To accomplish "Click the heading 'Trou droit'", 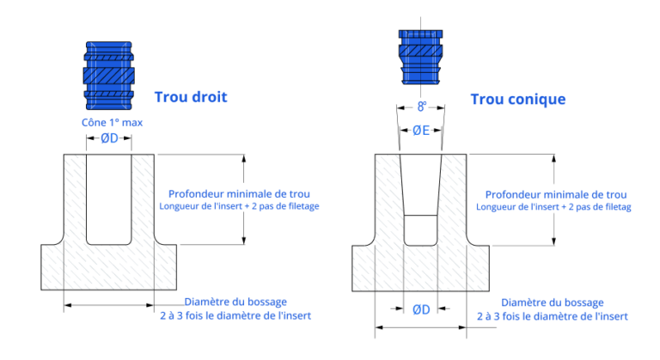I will point(190,97).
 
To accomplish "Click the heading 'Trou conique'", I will point(517,100).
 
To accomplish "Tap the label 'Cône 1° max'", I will point(112,123).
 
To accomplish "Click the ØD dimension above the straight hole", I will point(109,140).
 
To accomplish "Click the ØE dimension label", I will point(420,131).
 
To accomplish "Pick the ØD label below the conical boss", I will point(420,309).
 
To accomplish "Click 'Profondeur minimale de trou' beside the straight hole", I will point(239,194).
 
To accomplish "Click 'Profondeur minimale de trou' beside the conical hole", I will point(556,195).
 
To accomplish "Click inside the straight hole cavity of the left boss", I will point(109,198).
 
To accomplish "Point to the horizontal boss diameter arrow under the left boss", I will point(109,304).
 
